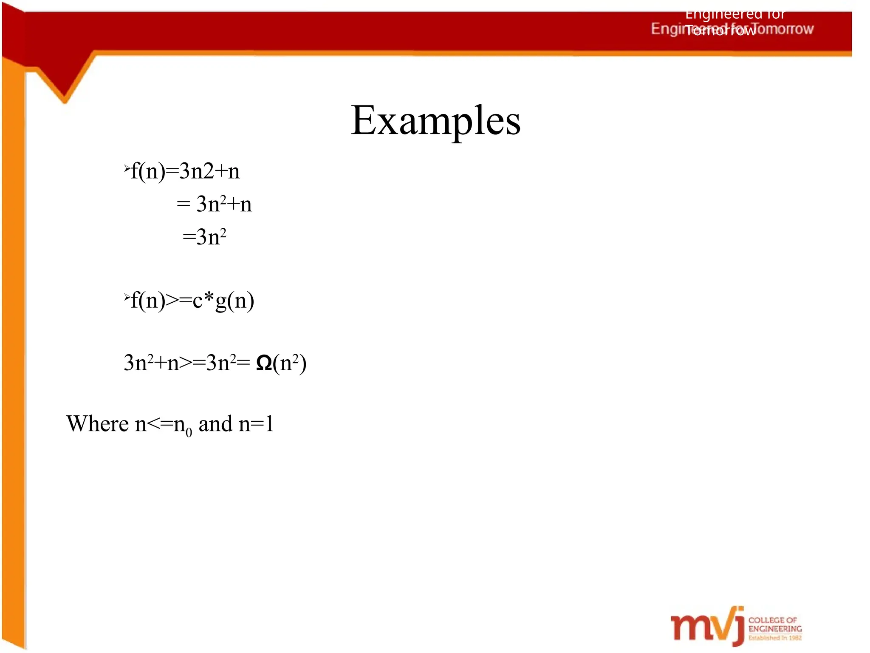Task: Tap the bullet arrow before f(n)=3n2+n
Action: click(127, 169)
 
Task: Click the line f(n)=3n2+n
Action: click(185, 171)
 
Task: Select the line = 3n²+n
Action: click(214, 204)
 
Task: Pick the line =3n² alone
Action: click(204, 237)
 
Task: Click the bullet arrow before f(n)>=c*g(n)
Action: click(127, 298)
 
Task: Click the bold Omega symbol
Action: click(264, 363)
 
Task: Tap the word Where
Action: click(97, 424)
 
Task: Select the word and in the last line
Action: click(215, 424)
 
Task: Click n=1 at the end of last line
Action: click(256, 424)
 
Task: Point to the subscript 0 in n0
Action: click(189, 433)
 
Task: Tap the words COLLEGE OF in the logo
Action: click(772, 620)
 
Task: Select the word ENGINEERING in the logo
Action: click(775, 629)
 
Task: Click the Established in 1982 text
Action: click(775, 638)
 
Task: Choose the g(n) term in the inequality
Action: click(235, 301)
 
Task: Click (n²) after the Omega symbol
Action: click(290, 363)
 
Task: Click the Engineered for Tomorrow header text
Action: click(732, 28)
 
